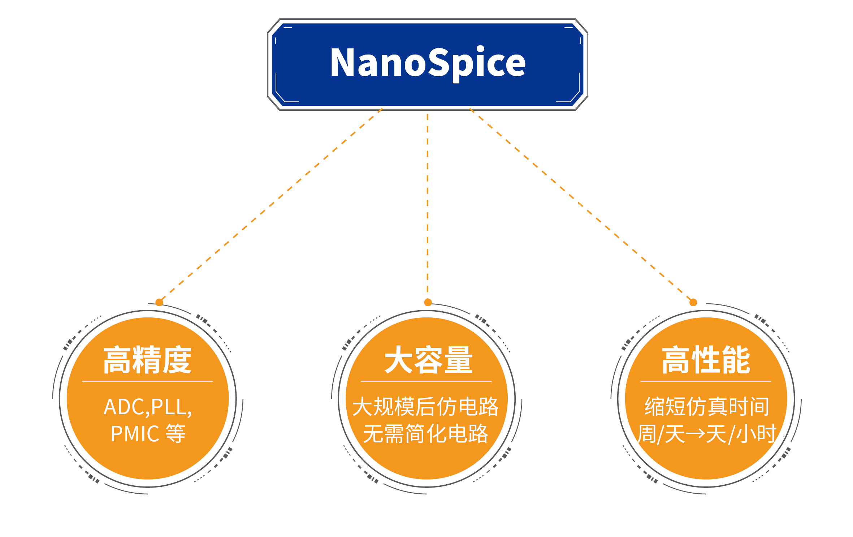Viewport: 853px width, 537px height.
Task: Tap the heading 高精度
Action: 147,360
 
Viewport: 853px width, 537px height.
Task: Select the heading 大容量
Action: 428,360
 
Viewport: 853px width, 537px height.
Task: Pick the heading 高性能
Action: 706,360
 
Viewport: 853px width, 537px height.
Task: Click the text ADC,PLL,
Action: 147,407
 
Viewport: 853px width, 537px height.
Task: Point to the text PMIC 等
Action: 147,433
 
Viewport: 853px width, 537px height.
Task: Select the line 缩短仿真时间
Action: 707,407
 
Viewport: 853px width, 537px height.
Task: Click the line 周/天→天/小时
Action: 707,434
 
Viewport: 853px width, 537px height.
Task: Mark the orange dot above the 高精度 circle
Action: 159,302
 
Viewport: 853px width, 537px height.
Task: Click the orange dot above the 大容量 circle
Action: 428,302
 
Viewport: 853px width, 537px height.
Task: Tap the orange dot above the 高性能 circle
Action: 693,302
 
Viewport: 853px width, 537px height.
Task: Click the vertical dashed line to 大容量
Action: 428,206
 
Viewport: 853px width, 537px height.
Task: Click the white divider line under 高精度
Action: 147,381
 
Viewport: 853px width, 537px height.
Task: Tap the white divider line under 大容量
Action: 426,381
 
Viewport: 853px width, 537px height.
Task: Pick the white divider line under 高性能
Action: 706,381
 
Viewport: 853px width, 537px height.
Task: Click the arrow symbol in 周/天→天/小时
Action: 695,434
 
